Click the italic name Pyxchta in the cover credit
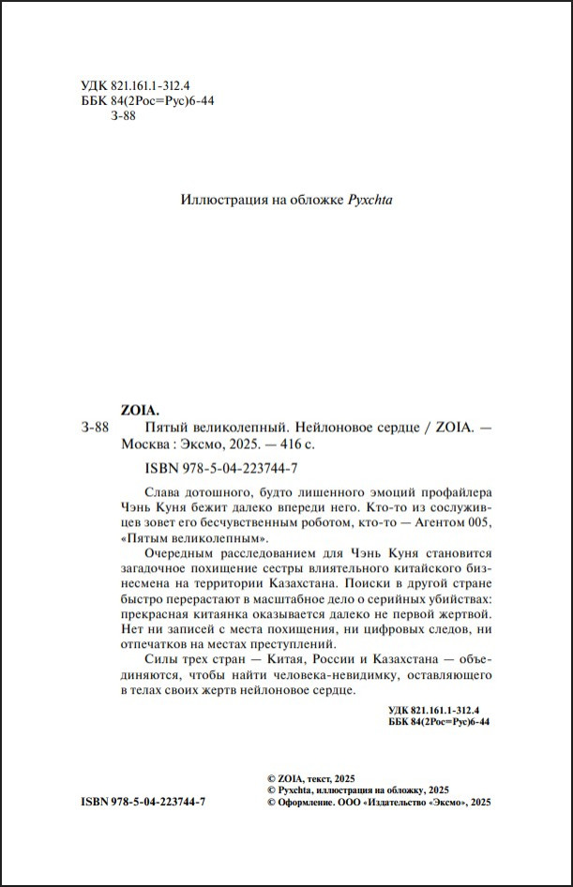coord(369,200)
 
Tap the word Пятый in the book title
coord(143,428)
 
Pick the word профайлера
coord(446,493)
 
